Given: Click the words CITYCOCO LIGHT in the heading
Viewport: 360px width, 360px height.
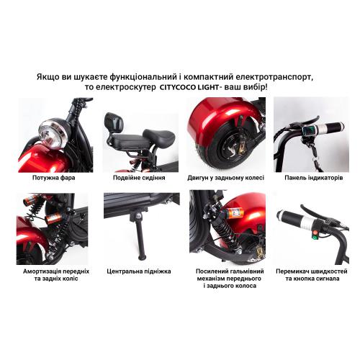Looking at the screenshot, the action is click(x=189, y=87).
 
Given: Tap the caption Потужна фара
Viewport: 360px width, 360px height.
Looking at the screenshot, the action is click(x=54, y=178).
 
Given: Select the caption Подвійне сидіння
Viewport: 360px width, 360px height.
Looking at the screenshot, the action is click(x=139, y=178).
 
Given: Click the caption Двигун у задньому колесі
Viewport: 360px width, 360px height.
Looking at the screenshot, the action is click(x=225, y=178).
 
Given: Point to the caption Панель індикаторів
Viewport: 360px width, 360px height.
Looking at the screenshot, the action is click(x=314, y=178).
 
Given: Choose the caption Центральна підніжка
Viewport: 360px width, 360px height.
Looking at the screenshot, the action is click(x=139, y=271).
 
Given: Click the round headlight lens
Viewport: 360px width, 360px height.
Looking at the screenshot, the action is click(x=53, y=135).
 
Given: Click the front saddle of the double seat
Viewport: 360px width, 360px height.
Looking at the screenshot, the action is click(x=160, y=137).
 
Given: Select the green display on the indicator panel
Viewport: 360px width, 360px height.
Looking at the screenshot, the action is click(x=307, y=131).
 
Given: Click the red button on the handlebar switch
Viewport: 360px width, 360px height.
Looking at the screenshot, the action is click(x=315, y=233).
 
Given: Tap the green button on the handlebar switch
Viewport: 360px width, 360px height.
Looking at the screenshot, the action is click(x=314, y=238).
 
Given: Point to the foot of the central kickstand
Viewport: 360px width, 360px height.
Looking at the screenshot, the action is click(x=143, y=257).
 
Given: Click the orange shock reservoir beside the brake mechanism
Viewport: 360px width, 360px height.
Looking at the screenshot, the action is click(x=234, y=212).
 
